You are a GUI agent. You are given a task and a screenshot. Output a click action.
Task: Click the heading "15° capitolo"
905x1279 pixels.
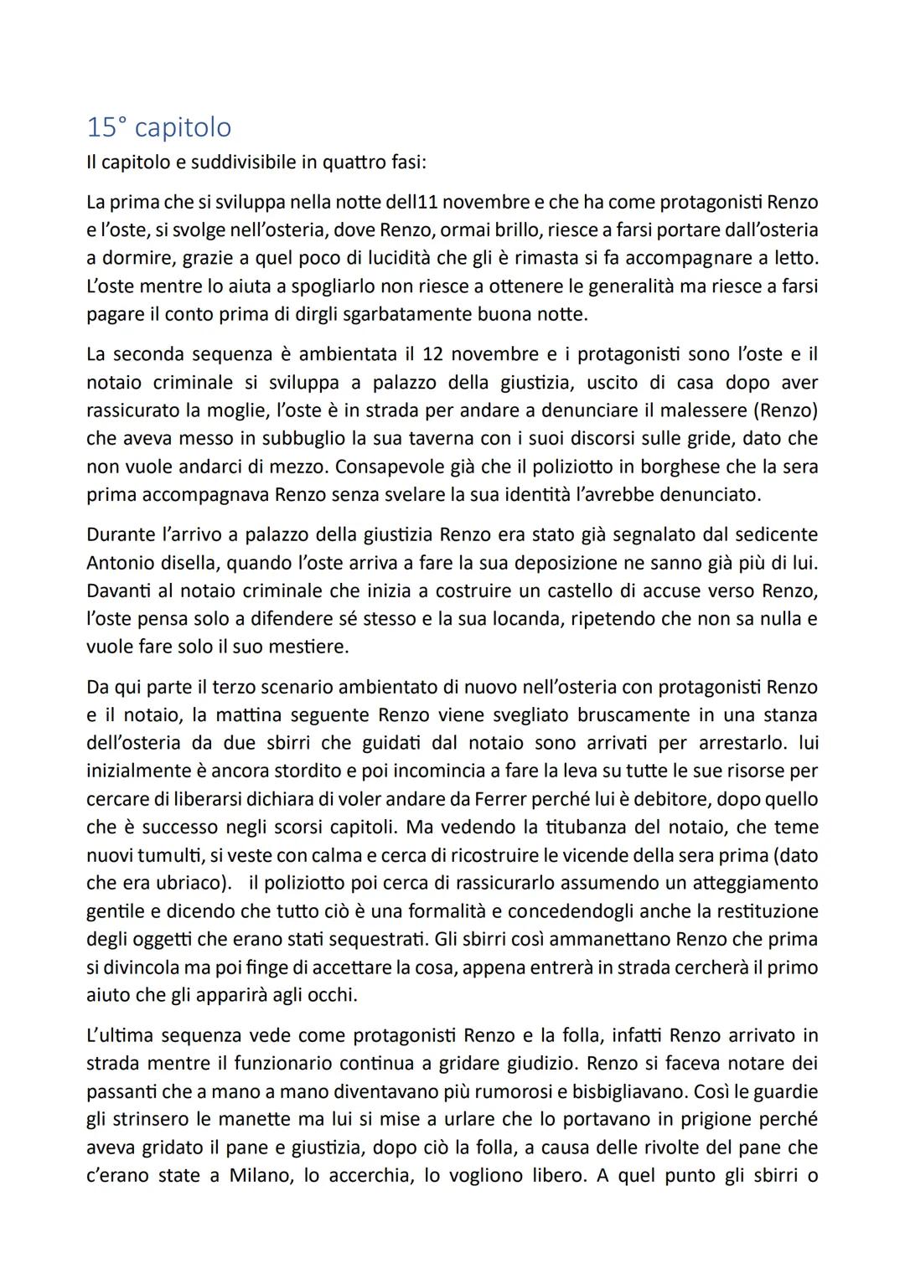click(159, 127)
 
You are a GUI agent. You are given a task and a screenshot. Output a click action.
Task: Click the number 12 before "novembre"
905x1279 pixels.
click(432, 354)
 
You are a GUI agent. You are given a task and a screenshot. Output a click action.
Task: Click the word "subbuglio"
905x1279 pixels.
click(280, 438)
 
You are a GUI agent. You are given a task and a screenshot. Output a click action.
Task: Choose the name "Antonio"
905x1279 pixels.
click(120, 561)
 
